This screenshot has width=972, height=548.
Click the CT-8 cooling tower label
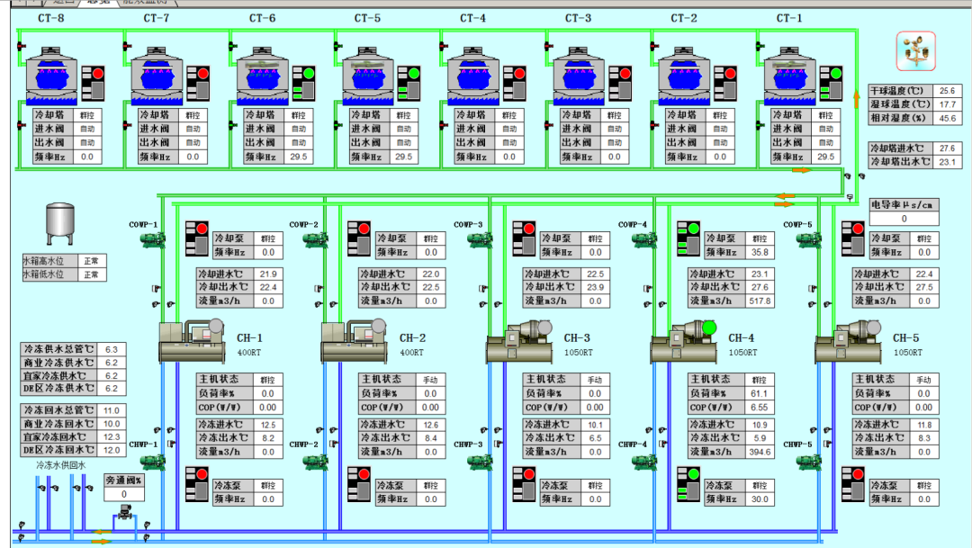click(51, 18)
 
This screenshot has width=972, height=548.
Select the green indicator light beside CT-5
click(413, 73)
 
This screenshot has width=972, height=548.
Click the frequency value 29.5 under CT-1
click(824, 157)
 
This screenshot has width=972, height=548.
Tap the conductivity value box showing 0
click(904, 219)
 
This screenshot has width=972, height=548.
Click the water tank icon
click(60, 224)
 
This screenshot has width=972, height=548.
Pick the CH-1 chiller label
click(249, 338)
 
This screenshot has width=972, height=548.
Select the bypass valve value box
click(124, 494)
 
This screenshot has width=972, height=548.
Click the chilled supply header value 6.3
click(112, 349)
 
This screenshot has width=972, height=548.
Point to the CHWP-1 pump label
click(142, 445)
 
